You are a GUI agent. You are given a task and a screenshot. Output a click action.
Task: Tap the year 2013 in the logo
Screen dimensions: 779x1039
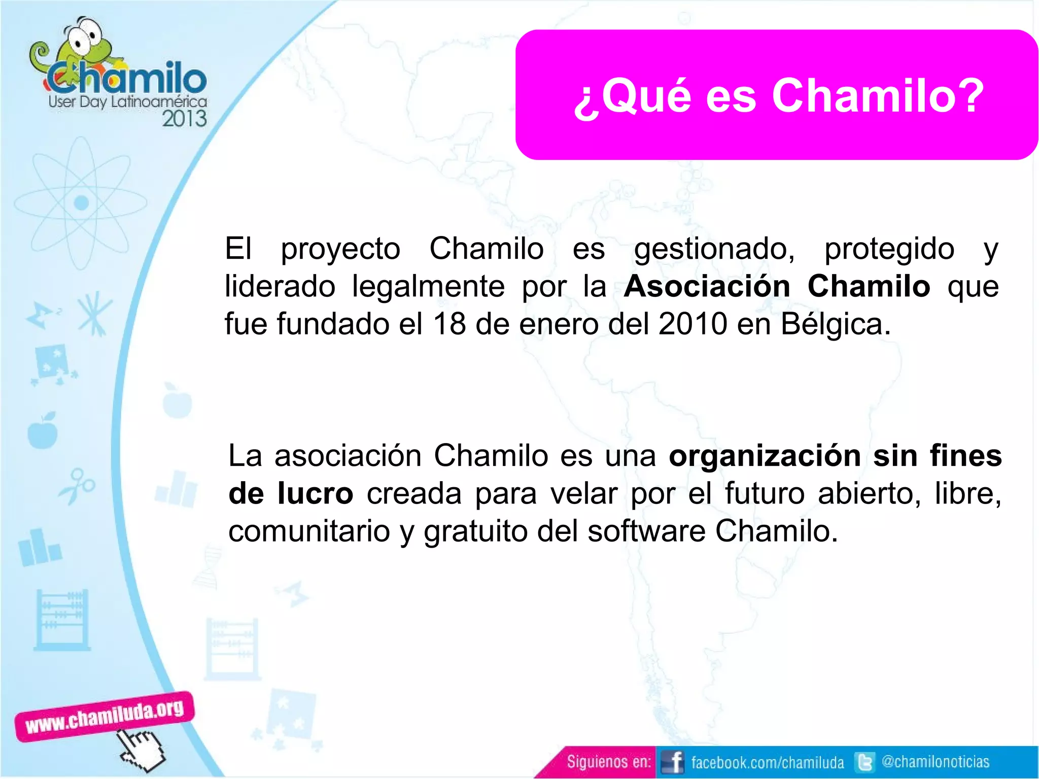pyautogui.click(x=184, y=119)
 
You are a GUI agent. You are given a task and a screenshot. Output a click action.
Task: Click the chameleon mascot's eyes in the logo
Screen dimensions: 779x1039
pyautogui.click(x=84, y=36)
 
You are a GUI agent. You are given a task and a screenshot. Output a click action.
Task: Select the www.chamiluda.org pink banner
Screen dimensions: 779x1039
pyautogui.click(x=105, y=716)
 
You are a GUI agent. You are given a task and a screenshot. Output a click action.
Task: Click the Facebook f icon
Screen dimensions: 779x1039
pyautogui.click(x=673, y=762)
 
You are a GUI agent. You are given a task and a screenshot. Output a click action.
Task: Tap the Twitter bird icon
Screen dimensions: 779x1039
pyautogui.click(x=864, y=762)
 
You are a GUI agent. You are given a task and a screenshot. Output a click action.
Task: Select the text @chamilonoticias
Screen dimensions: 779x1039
pyautogui.click(x=936, y=762)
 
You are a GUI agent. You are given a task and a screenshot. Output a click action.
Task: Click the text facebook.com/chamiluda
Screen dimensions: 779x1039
pyautogui.click(x=767, y=762)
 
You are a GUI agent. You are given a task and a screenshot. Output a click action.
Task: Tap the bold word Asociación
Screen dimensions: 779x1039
pyautogui.click(x=707, y=286)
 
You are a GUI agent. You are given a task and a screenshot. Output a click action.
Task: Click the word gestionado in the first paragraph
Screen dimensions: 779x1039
pyautogui.click(x=714, y=250)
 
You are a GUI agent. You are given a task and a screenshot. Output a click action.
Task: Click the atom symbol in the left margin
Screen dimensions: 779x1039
pyautogui.click(x=81, y=203)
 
